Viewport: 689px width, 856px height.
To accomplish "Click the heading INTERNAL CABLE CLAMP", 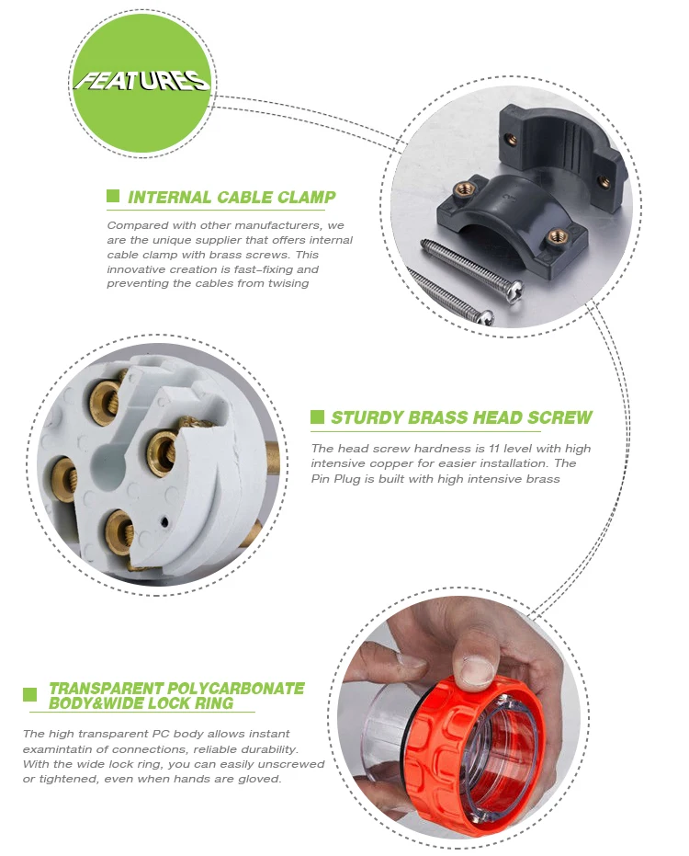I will (232, 197).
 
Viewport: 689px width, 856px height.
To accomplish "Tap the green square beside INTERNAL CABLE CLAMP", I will (113, 196).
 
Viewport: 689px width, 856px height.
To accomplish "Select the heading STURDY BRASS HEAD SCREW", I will (461, 417).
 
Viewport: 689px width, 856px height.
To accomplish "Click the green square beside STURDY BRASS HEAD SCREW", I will (317, 417).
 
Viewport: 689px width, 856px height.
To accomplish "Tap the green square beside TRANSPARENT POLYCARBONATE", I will (30, 695).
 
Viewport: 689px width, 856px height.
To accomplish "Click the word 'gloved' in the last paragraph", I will (256, 779).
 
